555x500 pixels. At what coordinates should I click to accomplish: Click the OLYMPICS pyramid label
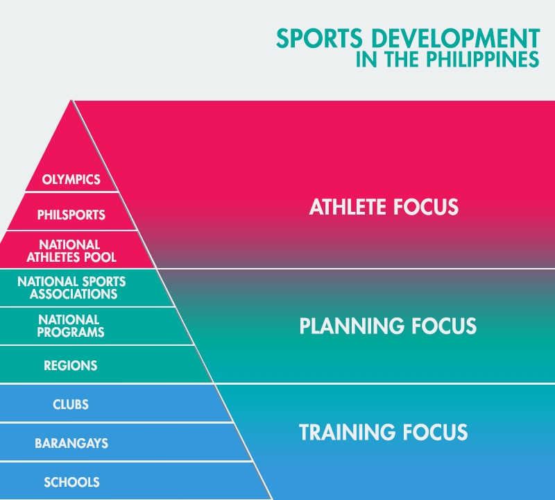(x=71, y=179)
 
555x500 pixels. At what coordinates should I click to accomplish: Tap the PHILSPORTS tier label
(x=71, y=215)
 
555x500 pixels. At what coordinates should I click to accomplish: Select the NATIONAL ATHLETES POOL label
(x=71, y=251)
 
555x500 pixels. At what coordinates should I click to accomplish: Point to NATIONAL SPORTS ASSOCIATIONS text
(x=71, y=287)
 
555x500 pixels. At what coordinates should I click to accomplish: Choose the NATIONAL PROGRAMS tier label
(x=71, y=326)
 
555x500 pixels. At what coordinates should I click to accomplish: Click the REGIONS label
(x=71, y=365)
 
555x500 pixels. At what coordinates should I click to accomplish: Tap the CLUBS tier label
(x=71, y=404)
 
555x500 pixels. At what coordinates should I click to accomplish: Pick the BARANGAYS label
(x=71, y=443)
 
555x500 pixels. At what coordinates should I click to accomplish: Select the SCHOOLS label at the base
(x=71, y=482)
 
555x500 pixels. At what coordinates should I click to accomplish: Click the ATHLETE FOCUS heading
(x=384, y=206)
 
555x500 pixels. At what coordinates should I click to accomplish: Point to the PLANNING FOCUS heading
(x=388, y=326)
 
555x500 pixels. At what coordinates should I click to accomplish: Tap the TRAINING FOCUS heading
(x=384, y=432)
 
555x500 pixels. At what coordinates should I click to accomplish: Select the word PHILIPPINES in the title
(x=482, y=59)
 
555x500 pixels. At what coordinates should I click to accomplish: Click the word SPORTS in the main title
(x=319, y=38)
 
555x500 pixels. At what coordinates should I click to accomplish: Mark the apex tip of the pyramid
(x=71, y=101)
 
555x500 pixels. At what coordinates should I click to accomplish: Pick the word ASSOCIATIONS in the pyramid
(x=74, y=294)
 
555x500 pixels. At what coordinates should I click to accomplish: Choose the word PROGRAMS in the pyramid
(x=71, y=333)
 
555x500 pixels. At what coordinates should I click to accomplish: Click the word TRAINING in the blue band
(x=348, y=432)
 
